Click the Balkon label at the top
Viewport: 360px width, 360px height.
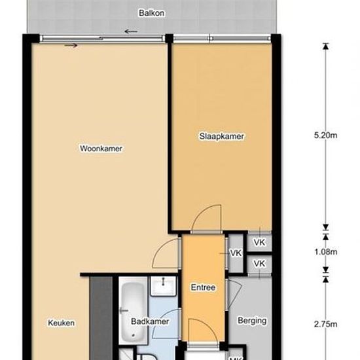151,12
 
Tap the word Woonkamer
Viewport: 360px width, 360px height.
101,149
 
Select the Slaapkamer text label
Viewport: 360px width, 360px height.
221,137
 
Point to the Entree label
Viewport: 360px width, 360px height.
203,287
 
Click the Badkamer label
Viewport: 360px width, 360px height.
150,321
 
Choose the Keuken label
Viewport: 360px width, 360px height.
62,323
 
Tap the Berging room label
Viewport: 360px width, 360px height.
253,321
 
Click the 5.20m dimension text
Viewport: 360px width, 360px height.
325,136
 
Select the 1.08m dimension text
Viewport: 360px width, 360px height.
325,252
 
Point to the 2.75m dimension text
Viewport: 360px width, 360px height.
325,324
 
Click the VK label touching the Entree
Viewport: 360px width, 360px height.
234,253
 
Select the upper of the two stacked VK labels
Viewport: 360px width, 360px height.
259,242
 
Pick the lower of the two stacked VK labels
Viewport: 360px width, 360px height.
259,263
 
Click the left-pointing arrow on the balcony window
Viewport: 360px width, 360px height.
131,31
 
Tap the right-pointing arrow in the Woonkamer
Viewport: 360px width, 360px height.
71,45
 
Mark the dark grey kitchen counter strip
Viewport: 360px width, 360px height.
101,317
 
